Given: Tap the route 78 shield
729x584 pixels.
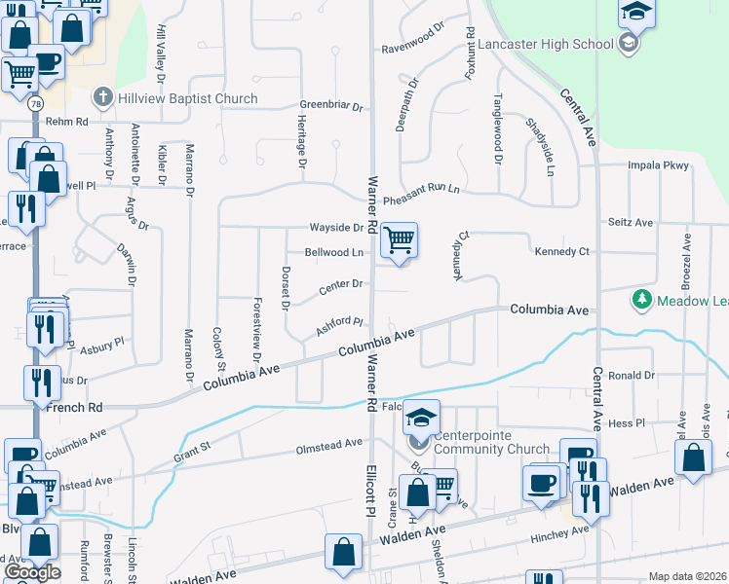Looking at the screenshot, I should point(36,102).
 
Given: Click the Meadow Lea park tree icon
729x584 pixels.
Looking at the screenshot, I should point(641,301).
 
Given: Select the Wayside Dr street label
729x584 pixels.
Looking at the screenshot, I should point(336,227).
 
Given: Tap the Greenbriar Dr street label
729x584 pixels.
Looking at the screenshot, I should point(330,105).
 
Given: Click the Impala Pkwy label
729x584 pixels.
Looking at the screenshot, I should point(651,164).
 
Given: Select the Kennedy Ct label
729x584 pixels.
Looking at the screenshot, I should point(562,252).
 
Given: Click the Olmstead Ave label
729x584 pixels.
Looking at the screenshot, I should point(329,446).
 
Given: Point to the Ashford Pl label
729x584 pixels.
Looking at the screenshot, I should point(339,327).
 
